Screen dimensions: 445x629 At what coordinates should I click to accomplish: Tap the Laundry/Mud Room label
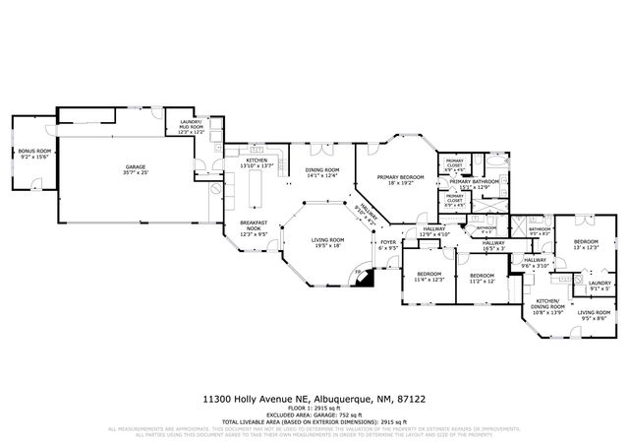click(191, 127)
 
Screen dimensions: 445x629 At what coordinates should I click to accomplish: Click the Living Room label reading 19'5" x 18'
click(327, 242)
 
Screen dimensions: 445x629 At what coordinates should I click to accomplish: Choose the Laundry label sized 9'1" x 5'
click(599, 285)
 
